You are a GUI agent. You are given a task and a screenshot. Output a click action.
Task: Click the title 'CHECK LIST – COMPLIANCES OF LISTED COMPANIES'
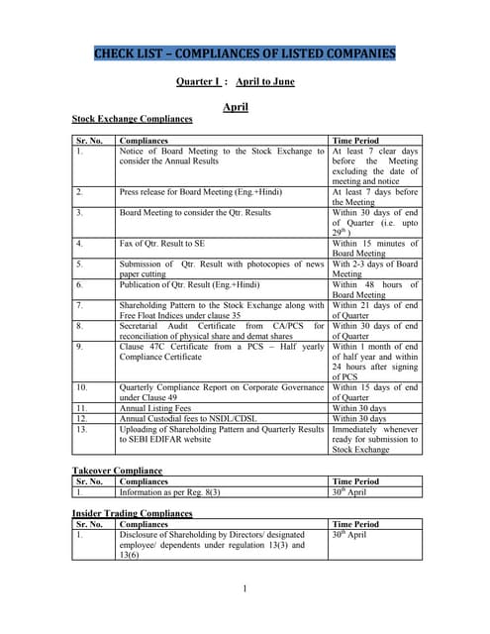click(x=245, y=53)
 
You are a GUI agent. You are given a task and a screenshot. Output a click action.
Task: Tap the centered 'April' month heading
click(x=235, y=106)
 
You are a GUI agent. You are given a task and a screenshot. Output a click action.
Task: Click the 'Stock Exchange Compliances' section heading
click(x=132, y=119)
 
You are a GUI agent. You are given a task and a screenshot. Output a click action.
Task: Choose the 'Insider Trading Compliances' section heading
click(x=132, y=513)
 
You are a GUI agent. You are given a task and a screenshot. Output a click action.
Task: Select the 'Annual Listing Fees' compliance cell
click(x=151, y=407)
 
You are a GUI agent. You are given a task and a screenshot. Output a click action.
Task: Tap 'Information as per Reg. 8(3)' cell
click(x=169, y=491)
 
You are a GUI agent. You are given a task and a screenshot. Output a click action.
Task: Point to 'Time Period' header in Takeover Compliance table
click(x=355, y=480)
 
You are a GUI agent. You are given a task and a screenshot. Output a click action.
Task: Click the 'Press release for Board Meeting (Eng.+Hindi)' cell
click(x=199, y=192)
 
